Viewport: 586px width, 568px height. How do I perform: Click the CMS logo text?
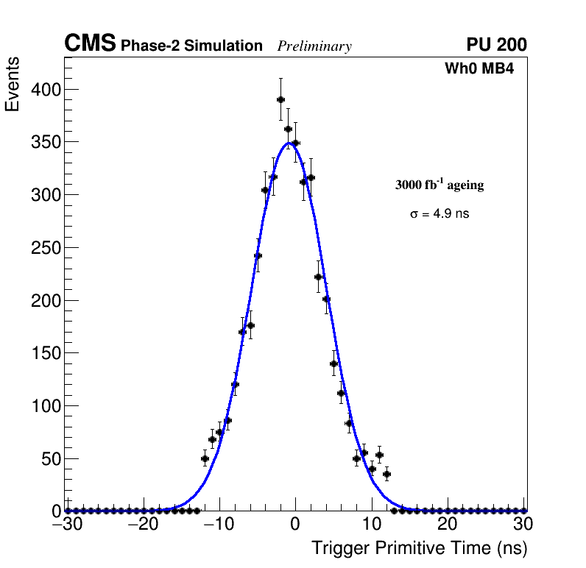pyautogui.click(x=90, y=44)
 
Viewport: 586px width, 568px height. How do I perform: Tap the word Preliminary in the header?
pyautogui.click(x=314, y=46)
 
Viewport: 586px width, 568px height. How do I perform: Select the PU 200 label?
pyautogui.click(x=497, y=45)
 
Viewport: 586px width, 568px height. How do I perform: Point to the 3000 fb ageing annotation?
pyautogui.click(x=439, y=185)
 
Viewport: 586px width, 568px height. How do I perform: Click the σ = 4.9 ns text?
pyautogui.click(x=439, y=214)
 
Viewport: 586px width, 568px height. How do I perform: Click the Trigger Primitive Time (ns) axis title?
pyautogui.click(x=419, y=548)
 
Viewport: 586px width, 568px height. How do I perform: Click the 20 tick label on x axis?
pyautogui.click(x=447, y=525)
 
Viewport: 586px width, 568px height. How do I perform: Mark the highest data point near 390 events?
pyautogui.click(x=280, y=99)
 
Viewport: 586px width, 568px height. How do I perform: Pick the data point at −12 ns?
pyautogui.click(x=205, y=458)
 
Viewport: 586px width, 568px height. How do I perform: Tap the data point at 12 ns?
pyautogui.click(x=386, y=474)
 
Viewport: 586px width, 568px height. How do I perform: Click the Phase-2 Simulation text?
pyautogui.click(x=191, y=46)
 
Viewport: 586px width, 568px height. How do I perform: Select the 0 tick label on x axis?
pyautogui.click(x=295, y=525)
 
